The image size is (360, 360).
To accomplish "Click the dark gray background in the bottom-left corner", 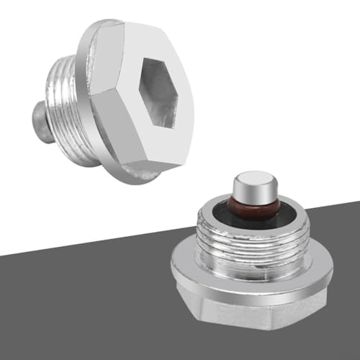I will pos(43,317).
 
